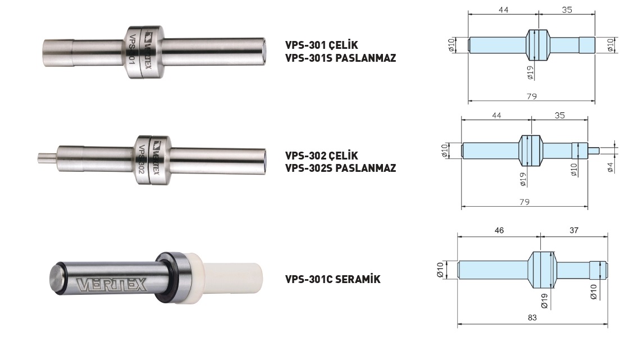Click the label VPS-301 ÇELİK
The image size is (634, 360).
click(x=321, y=45)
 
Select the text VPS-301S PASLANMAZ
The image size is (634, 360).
click(x=340, y=58)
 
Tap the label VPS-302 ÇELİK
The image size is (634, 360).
click(x=321, y=156)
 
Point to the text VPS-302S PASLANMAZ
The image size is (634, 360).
click(x=340, y=168)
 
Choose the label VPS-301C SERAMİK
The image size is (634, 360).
click(x=333, y=279)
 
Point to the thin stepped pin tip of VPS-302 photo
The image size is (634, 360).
click(x=47, y=157)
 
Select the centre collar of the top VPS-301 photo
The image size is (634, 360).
click(x=143, y=52)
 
